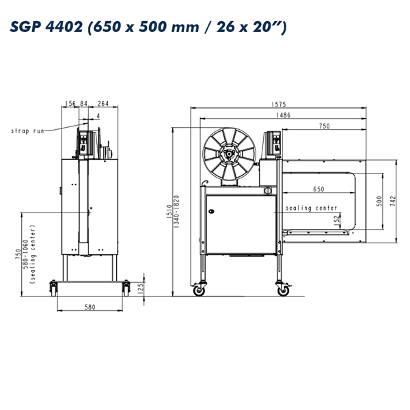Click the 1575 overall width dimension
click(x=279, y=105)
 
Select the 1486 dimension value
click(x=283, y=115)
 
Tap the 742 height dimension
click(x=393, y=201)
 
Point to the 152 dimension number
click(x=338, y=219)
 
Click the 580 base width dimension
click(x=90, y=307)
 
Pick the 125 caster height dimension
click(x=140, y=288)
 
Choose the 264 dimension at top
click(x=103, y=104)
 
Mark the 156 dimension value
click(x=70, y=104)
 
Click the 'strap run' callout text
click(x=27, y=131)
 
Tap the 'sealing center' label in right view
click(x=311, y=208)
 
